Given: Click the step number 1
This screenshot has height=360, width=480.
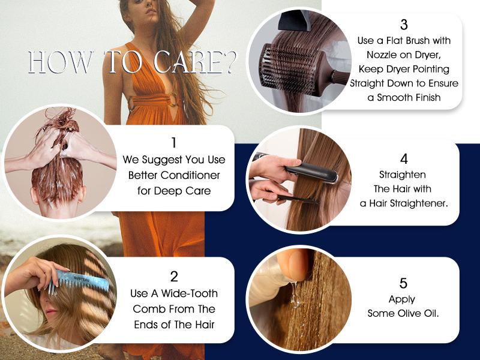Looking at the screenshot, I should tap(173, 143).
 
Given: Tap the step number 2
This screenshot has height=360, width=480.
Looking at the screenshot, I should tap(174, 276).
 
